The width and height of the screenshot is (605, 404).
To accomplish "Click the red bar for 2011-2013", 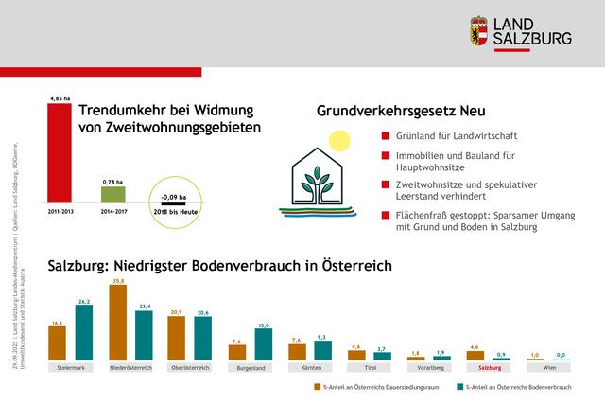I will (x=59, y=155).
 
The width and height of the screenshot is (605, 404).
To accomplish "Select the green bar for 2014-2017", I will (x=113, y=195).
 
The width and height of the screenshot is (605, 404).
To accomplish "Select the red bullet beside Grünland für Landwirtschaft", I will (x=384, y=136).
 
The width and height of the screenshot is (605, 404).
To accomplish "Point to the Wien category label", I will (x=549, y=366).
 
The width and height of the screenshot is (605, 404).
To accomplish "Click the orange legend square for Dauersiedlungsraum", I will (x=316, y=386).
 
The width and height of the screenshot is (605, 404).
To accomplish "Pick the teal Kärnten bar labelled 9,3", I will (x=323, y=350).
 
